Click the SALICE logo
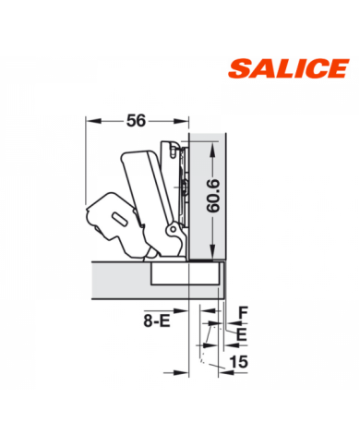coord(289,68)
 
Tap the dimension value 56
coord(136,120)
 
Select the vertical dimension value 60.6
coord(213,196)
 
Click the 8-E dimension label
coord(157,321)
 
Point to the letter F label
coord(244,313)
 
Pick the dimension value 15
coord(239,362)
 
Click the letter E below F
coord(242,334)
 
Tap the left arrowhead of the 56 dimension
coord(93,121)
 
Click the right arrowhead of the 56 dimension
coord(181,121)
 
